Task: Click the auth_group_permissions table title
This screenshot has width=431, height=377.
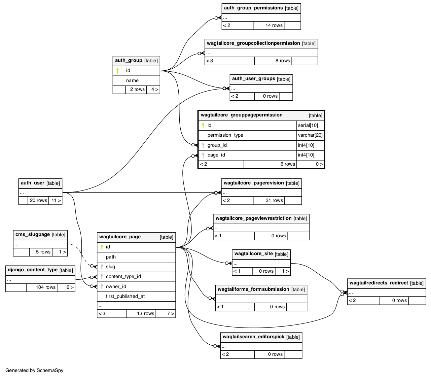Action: [253, 8]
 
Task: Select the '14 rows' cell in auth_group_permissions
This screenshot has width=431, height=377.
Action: [268, 26]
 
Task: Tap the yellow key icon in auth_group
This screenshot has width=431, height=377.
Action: [117, 71]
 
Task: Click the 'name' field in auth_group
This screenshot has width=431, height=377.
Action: [132, 80]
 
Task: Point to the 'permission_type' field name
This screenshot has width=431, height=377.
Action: [225, 135]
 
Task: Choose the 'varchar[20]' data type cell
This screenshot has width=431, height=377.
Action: [310, 135]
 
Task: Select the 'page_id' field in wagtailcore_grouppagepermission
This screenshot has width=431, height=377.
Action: [216, 155]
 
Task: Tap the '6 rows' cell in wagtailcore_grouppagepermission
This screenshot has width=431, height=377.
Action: [270, 164]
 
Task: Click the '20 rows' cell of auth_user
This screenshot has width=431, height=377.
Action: [38, 200]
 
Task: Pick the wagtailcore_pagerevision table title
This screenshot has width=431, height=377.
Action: [254, 183]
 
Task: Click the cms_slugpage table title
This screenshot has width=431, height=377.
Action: [33, 235]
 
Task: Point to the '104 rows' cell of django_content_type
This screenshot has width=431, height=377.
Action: [42, 287]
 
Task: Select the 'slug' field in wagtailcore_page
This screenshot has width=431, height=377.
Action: [110, 267]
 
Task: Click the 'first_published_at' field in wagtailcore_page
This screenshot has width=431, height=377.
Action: [125, 296]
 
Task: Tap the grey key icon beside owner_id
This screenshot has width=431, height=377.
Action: [102, 286]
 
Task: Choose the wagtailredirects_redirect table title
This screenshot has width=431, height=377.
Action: [379, 283]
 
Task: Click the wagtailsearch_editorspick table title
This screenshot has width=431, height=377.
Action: [253, 337]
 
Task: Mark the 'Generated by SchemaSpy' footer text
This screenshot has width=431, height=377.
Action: [34, 370]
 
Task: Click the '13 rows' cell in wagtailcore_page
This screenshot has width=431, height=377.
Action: [141, 314]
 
